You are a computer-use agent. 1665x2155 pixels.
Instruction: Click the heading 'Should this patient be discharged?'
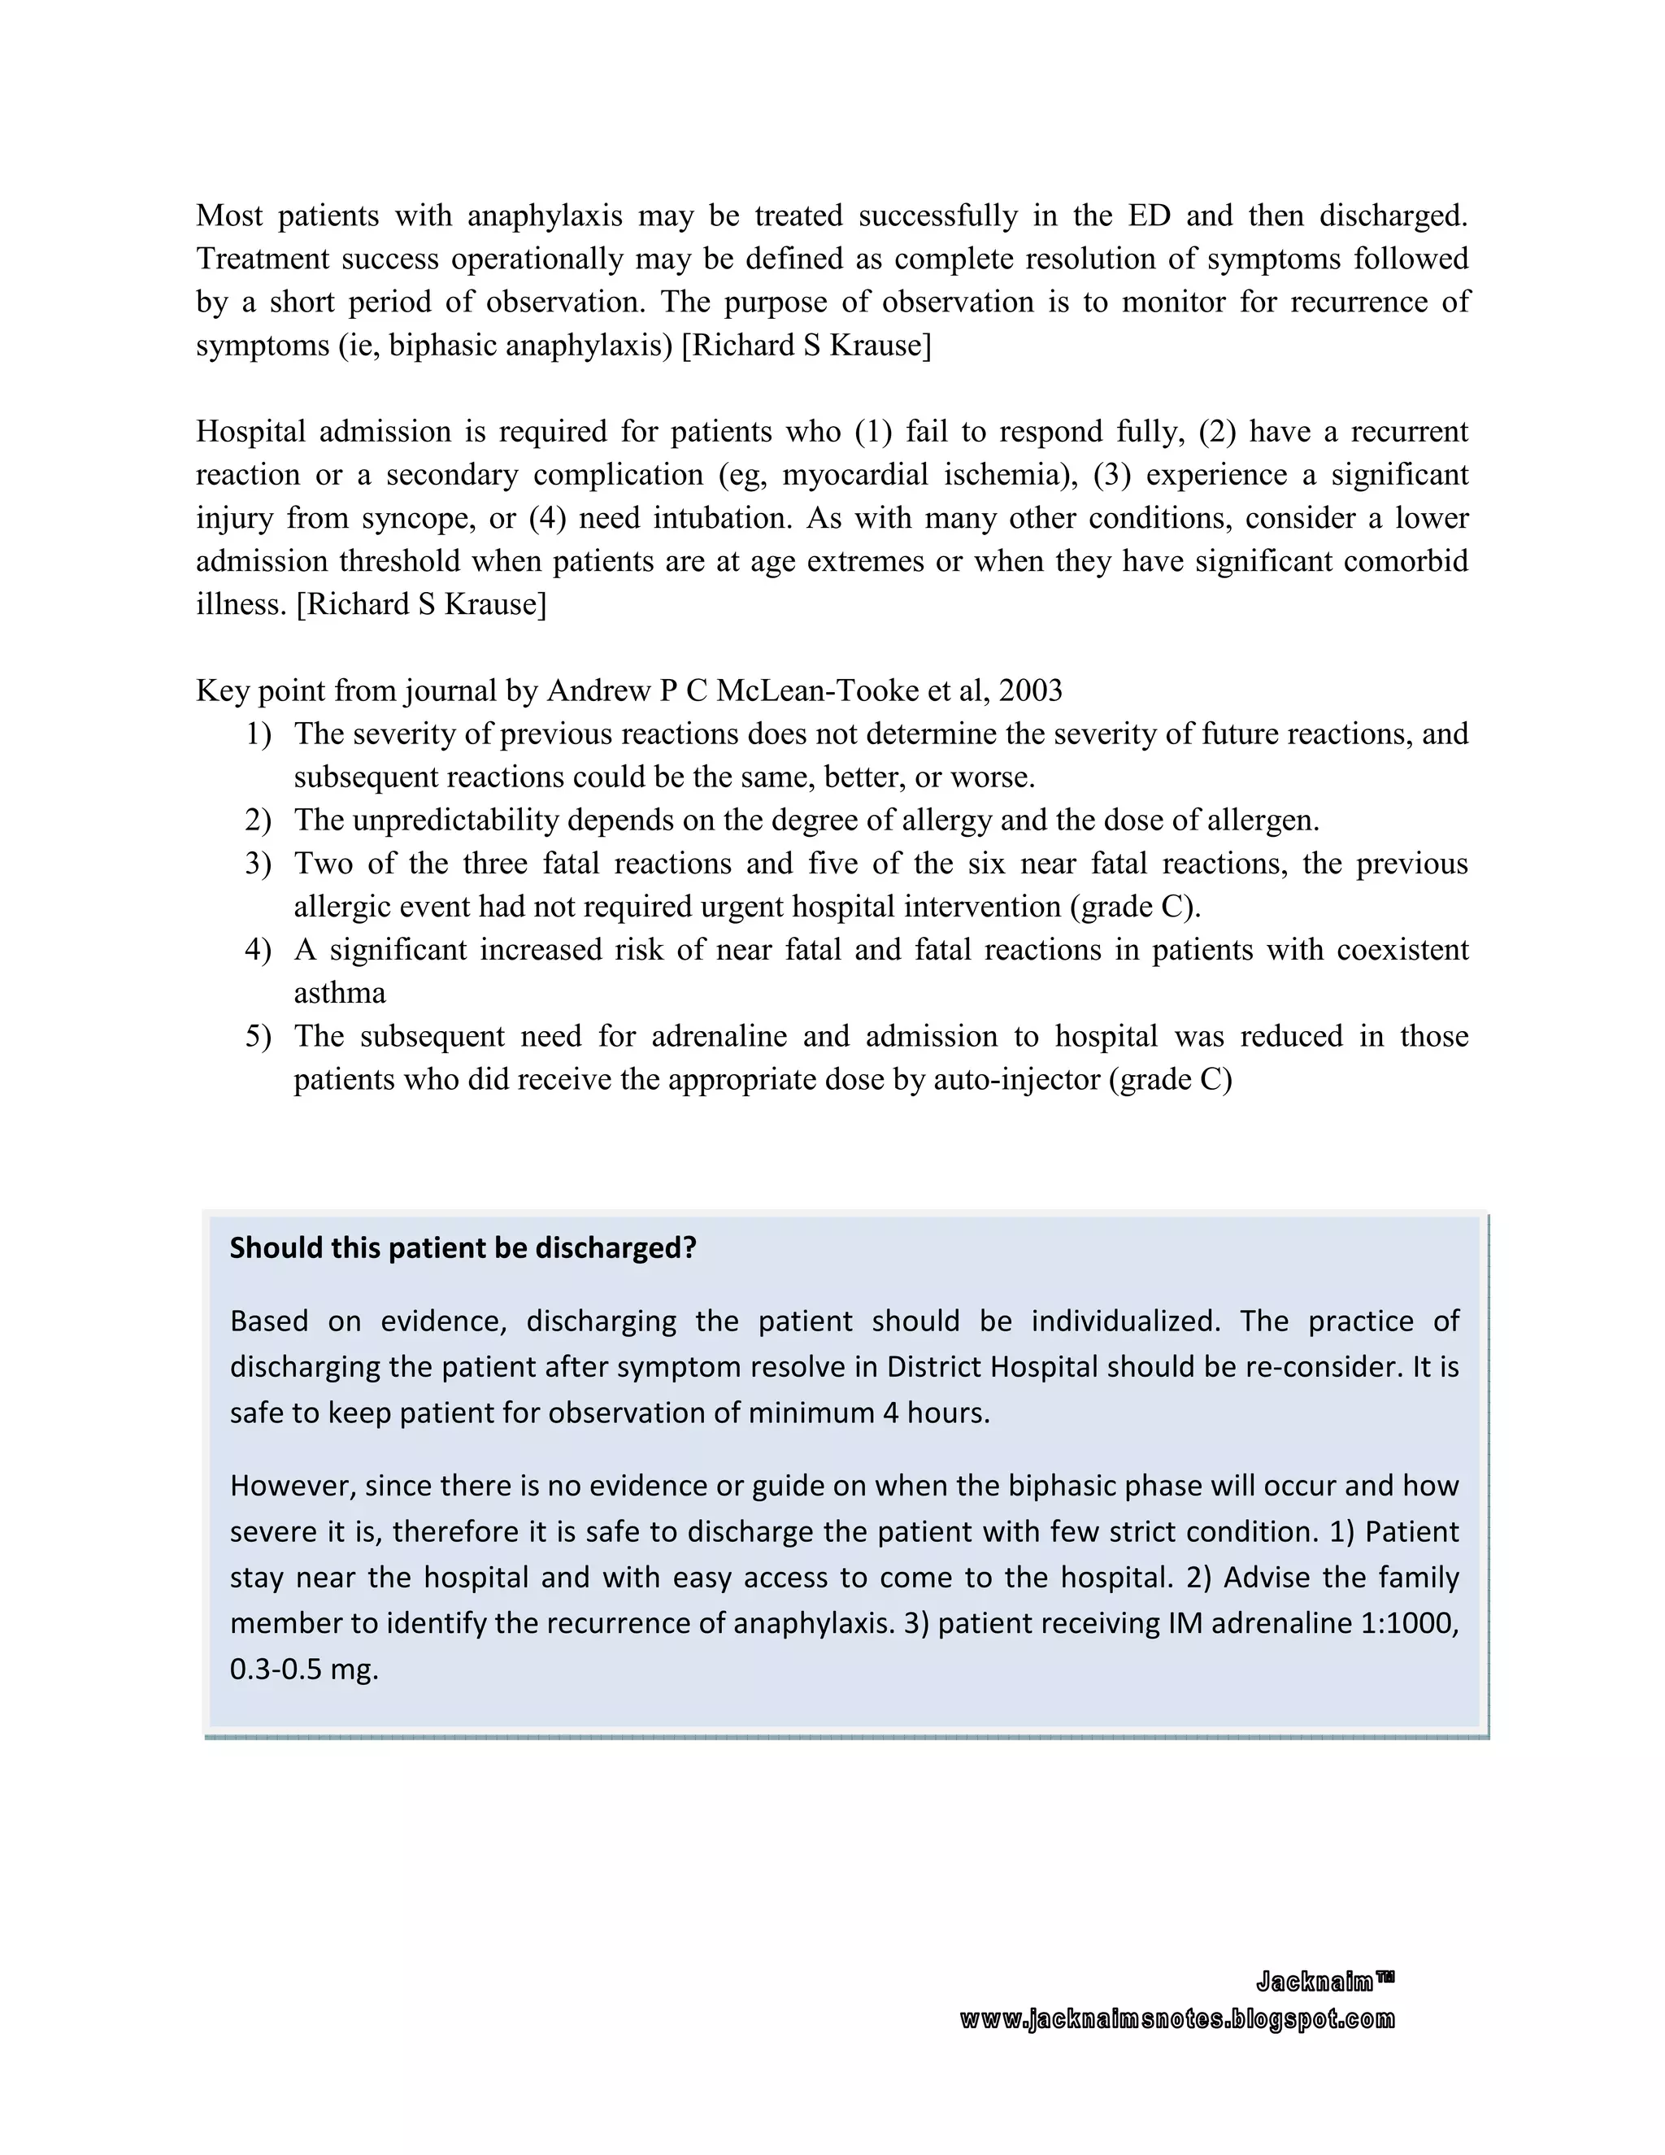[x=463, y=1248]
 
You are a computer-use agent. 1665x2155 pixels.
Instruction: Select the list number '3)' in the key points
[x=258, y=864]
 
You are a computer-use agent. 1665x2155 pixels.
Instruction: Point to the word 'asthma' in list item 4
[x=339, y=993]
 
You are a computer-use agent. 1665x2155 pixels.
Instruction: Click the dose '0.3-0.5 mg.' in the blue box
[x=304, y=1670]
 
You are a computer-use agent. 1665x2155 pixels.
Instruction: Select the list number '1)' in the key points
[x=258, y=734]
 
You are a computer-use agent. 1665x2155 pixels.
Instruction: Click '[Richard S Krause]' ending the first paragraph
[x=806, y=346]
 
